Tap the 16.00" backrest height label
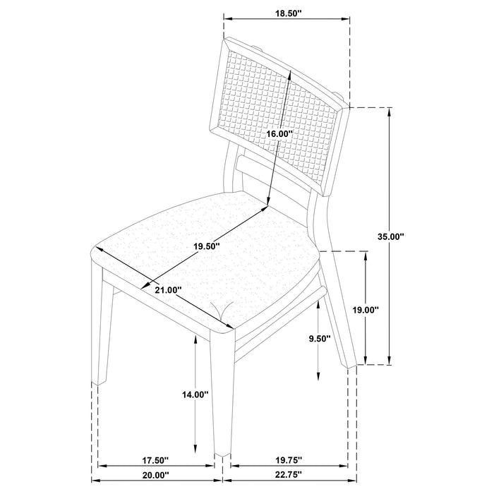[278, 134]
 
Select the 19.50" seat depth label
[207, 246]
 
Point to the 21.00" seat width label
[168, 289]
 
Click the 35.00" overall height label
[391, 236]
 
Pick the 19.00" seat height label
[365, 311]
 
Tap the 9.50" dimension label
[319, 338]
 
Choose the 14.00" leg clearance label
[195, 394]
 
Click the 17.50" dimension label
[155, 460]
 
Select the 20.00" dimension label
[155, 475]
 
